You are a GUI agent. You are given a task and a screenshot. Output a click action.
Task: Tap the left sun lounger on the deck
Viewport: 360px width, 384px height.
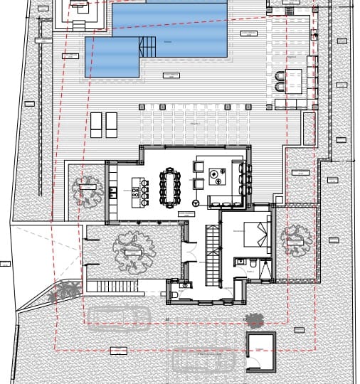(x=95, y=124)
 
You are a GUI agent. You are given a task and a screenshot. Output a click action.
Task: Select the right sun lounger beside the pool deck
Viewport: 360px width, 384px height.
(x=112, y=124)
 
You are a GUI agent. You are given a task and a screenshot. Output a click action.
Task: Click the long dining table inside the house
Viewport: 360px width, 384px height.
(x=171, y=186)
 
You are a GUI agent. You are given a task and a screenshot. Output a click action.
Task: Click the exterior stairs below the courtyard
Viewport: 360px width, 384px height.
(x=112, y=286)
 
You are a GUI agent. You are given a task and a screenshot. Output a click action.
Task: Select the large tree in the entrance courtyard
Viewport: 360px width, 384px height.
(x=133, y=250)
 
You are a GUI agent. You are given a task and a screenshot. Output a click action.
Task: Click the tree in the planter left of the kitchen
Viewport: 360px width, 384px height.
(x=88, y=191)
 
